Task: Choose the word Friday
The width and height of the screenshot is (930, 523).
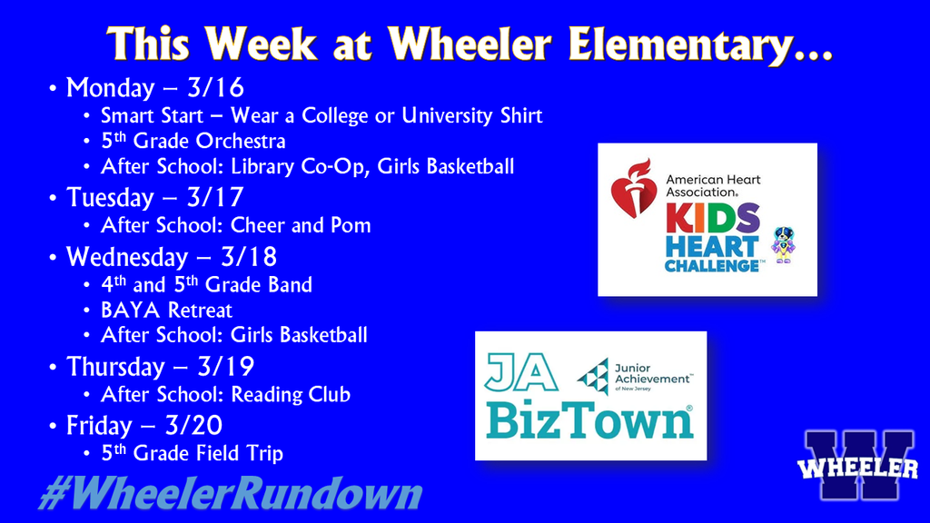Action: click(x=99, y=425)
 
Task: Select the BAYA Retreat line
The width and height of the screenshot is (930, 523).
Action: click(x=166, y=310)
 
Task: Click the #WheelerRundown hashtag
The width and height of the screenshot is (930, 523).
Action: click(x=230, y=494)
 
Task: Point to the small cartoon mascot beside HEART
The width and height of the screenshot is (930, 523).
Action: click(x=781, y=244)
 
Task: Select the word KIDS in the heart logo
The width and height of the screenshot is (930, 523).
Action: click(x=710, y=219)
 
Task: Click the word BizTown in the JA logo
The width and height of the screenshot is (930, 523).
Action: click(x=589, y=419)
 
